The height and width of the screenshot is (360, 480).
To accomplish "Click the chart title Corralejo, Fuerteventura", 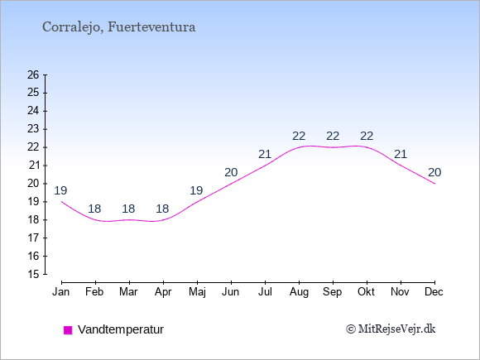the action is [x=119, y=27].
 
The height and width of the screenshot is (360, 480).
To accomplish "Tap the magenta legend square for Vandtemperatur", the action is [x=68, y=330].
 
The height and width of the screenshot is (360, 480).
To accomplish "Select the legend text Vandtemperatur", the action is [x=121, y=329].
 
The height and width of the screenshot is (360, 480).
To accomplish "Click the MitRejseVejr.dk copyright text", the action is [x=391, y=329].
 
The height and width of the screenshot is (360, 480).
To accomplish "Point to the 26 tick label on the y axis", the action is [x=33, y=74].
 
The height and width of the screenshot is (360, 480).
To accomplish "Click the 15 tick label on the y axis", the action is [x=33, y=274].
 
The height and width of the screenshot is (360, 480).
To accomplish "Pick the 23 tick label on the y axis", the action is [x=33, y=129].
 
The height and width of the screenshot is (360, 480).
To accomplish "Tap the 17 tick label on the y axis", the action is [x=33, y=238].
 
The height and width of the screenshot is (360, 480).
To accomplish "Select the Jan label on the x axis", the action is [x=61, y=292].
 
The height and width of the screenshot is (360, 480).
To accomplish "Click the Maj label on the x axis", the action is [x=197, y=292].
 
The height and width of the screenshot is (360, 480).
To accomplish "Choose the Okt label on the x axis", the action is [x=366, y=292].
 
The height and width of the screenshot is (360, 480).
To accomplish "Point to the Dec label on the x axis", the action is [x=434, y=292].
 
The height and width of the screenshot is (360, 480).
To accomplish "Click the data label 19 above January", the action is [x=60, y=190].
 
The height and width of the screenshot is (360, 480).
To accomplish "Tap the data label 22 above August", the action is [x=299, y=136].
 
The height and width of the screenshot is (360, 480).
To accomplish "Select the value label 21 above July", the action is [x=265, y=154].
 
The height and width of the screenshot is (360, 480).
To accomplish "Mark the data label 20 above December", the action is [x=434, y=173].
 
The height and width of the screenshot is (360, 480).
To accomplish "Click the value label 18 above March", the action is [x=128, y=209].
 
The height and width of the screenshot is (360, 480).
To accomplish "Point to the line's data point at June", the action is [x=231, y=184].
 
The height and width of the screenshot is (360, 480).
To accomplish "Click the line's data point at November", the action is [x=401, y=166].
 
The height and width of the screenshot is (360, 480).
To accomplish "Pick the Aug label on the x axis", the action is [x=299, y=292].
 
